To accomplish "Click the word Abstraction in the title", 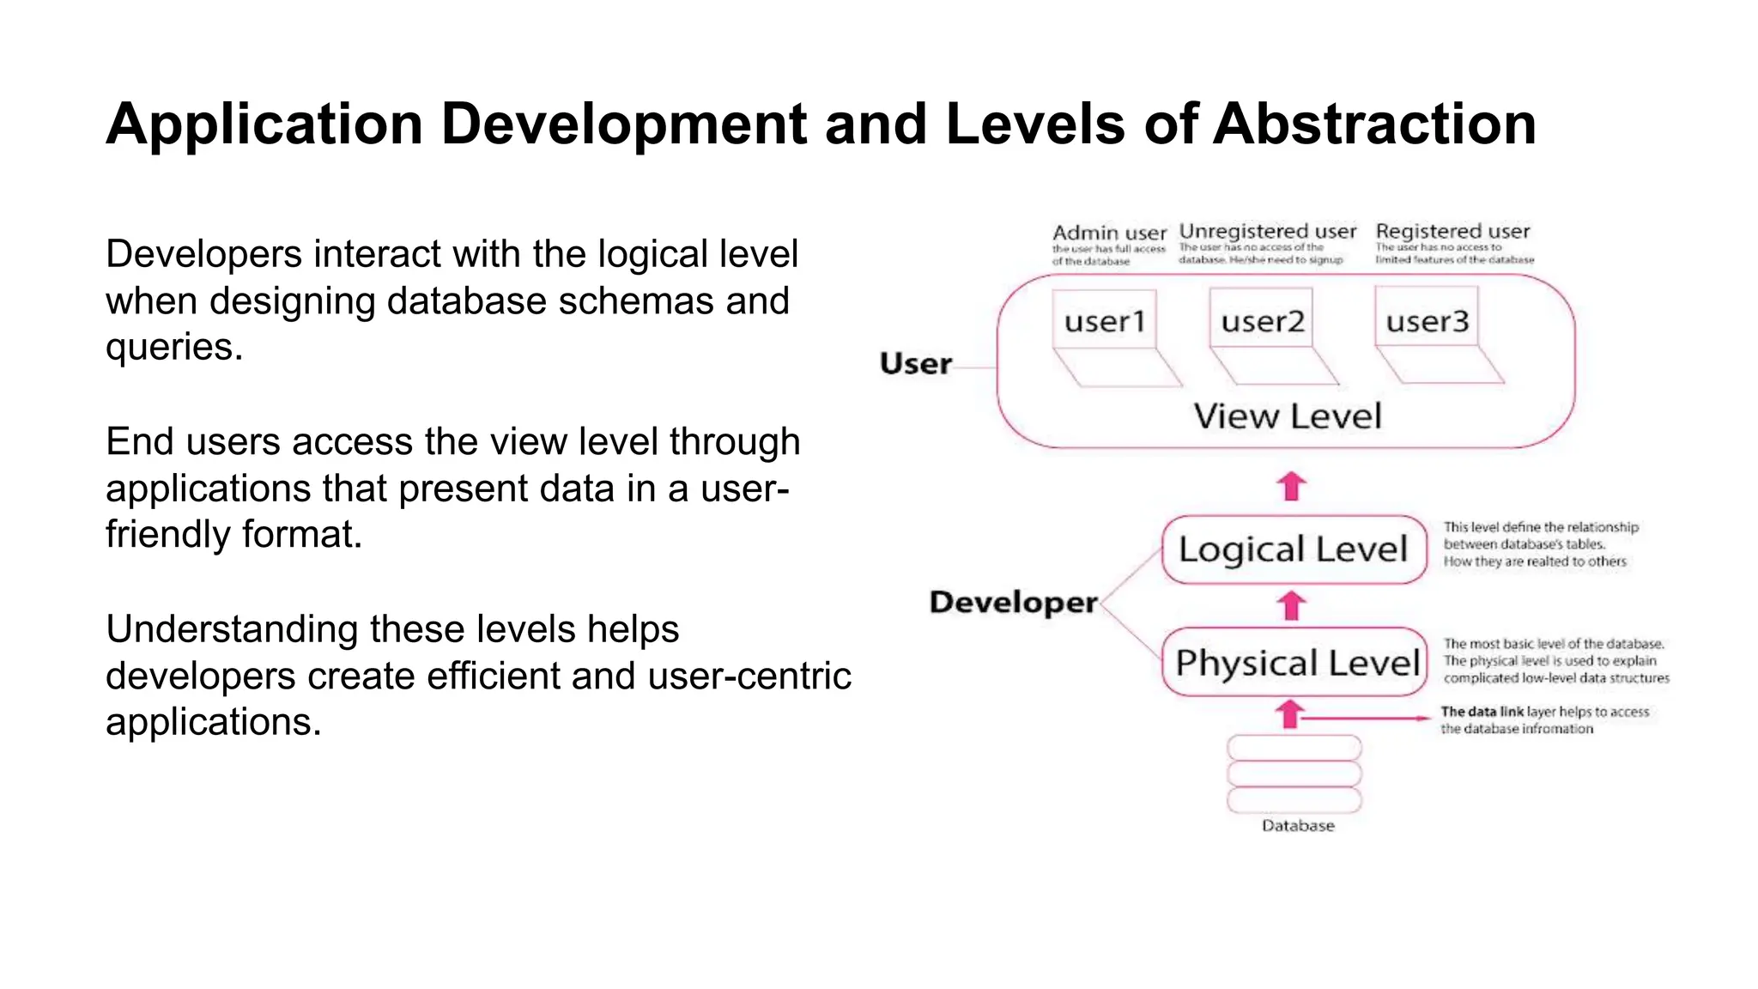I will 1373,124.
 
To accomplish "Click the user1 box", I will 1105,320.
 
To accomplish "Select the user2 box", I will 1262,320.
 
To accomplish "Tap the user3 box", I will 1427,320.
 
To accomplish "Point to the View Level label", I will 1287,416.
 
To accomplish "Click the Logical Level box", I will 1293,549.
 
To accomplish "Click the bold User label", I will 915,363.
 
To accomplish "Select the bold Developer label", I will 1013,602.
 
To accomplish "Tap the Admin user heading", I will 1109,233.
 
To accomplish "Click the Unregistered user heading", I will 1267,231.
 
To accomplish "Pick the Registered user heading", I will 1452,231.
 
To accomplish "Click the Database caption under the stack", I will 1297,825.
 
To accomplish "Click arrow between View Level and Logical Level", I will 1291,486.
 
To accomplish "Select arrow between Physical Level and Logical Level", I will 1291,605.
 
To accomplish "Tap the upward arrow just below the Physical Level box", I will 1289,713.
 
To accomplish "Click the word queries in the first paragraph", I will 174,348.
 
